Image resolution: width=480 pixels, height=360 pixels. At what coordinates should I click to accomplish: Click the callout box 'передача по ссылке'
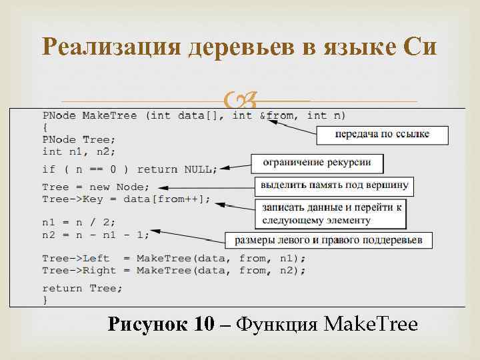pyautogui.click(x=381, y=135)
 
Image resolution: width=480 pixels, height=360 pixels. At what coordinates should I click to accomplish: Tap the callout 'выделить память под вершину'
pyautogui.click(x=335, y=185)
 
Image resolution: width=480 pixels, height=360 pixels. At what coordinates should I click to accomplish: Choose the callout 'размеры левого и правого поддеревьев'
pyautogui.click(x=328, y=239)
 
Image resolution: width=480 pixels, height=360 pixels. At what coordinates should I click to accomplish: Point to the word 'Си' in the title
pyautogui.click(x=419, y=47)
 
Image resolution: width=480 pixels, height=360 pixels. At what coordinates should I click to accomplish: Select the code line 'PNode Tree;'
pyautogui.click(x=79, y=139)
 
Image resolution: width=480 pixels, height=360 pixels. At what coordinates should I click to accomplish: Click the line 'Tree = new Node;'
pyautogui.click(x=96, y=187)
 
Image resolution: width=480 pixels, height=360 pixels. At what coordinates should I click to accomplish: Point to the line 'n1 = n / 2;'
pyautogui.click(x=79, y=223)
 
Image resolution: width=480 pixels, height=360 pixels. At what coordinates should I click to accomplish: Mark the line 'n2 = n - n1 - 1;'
pyautogui.click(x=96, y=234)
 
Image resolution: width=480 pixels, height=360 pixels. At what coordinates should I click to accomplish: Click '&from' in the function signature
pyautogui.click(x=280, y=115)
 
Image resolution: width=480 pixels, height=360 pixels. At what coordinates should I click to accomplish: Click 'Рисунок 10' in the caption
pyautogui.click(x=161, y=325)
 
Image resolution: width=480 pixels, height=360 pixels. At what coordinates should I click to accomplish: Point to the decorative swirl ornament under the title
pyautogui.click(x=240, y=101)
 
